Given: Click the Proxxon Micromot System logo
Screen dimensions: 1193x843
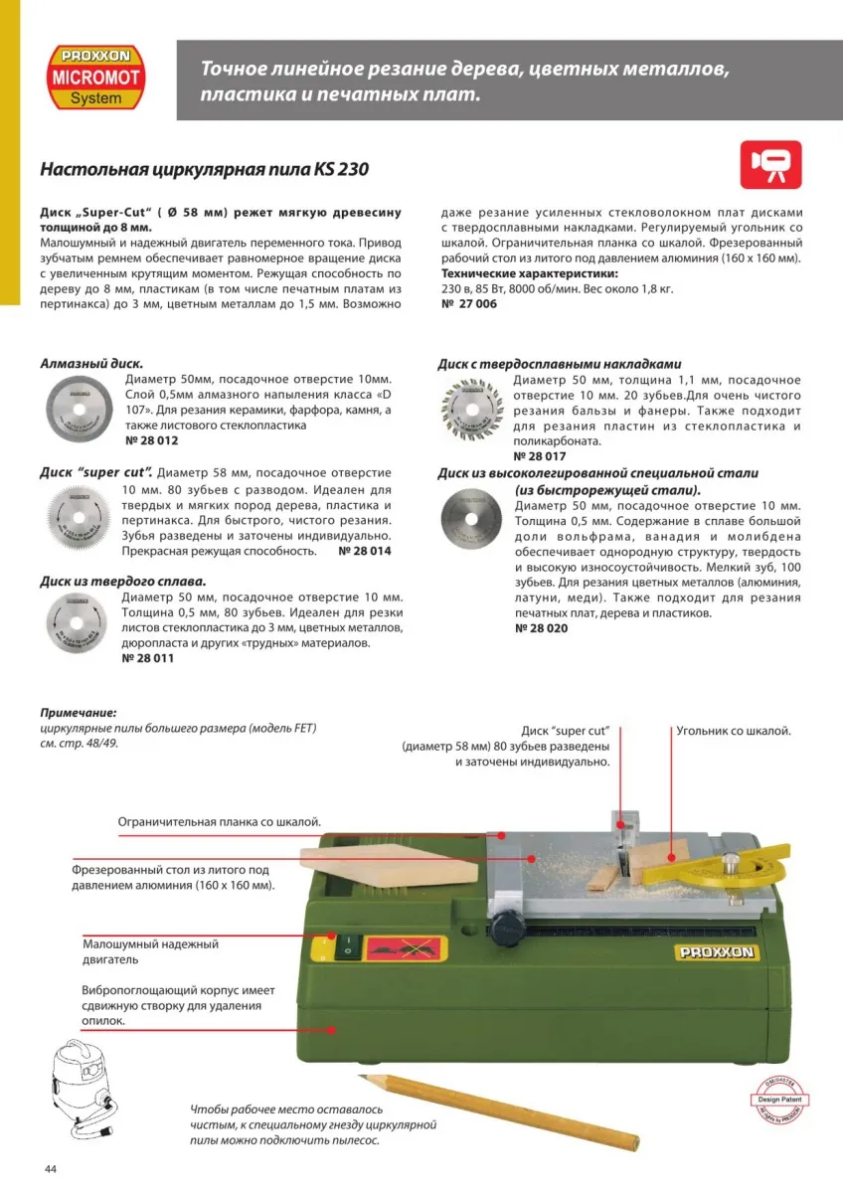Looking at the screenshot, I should point(96,76).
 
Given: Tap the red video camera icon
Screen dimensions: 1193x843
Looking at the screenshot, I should point(770,164).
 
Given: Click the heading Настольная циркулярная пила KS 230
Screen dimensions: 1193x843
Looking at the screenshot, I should point(204,169).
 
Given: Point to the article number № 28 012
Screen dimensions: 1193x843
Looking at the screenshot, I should point(152,439).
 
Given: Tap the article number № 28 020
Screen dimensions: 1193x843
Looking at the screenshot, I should point(542,628).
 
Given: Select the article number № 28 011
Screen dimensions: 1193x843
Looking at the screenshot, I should point(148,658).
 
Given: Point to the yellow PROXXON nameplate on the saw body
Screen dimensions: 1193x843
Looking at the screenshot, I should point(717,952).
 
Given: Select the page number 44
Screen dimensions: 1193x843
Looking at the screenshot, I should point(51,1168).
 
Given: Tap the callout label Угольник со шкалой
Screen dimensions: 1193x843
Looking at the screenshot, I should point(734,730).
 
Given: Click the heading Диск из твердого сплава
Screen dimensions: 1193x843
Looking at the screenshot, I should point(122,582).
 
